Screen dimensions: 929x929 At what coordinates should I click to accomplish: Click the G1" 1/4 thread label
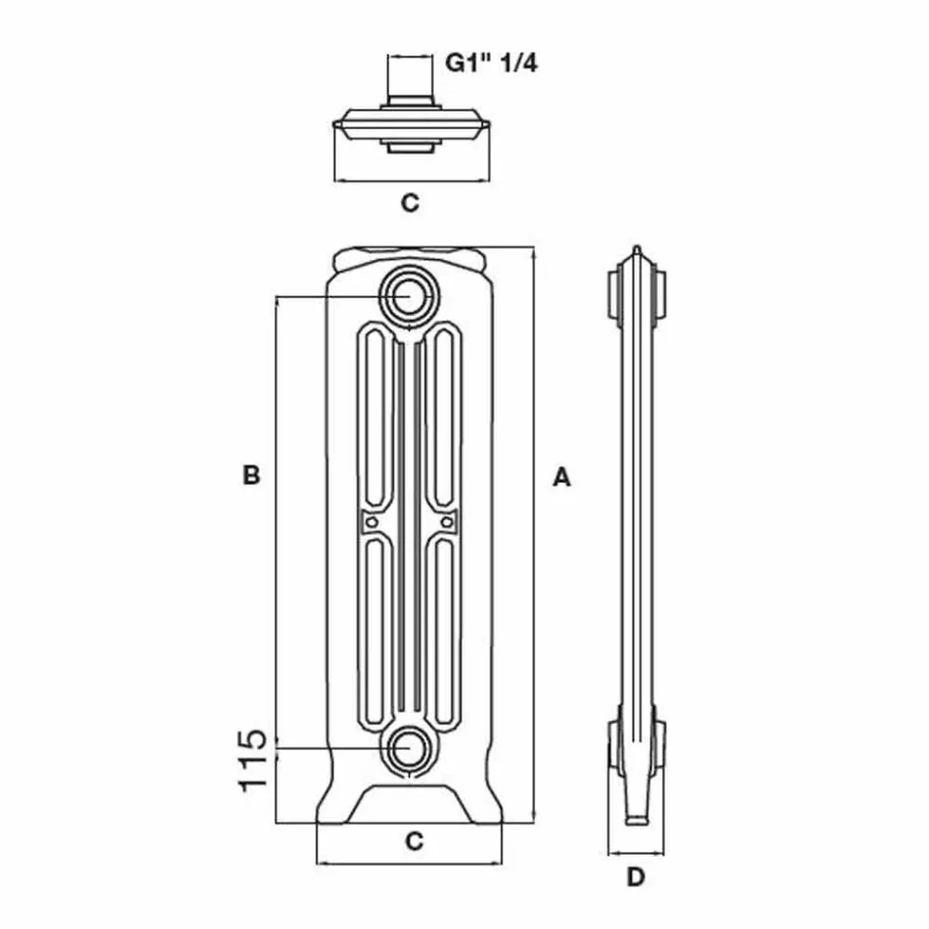tap(491, 64)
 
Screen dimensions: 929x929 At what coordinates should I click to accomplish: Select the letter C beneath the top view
tap(411, 203)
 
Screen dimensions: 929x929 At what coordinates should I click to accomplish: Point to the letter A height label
tap(560, 477)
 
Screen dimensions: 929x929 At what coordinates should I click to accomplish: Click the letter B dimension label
tap(251, 476)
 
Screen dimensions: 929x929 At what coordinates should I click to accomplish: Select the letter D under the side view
tap(636, 877)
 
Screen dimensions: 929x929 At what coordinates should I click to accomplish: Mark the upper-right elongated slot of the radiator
tap(445, 416)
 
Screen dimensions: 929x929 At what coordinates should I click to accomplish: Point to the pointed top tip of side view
tap(637, 251)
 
